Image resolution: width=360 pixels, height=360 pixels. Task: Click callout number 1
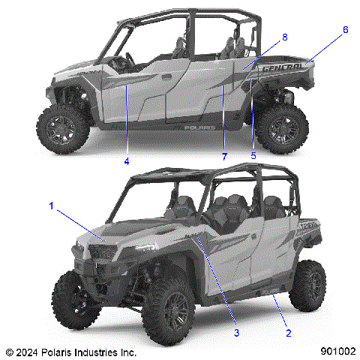coord(51,204)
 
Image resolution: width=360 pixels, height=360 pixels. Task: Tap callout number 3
coord(236,332)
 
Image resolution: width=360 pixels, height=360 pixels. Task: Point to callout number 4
coord(127,161)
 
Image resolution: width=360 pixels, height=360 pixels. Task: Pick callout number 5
coord(253,155)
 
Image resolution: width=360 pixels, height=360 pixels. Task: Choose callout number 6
coord(345,30)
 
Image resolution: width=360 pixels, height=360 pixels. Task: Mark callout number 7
coord(223,155)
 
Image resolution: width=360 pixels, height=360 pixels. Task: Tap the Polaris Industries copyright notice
coord(71,351)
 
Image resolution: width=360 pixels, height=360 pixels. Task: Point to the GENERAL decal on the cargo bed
coord(283,68)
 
